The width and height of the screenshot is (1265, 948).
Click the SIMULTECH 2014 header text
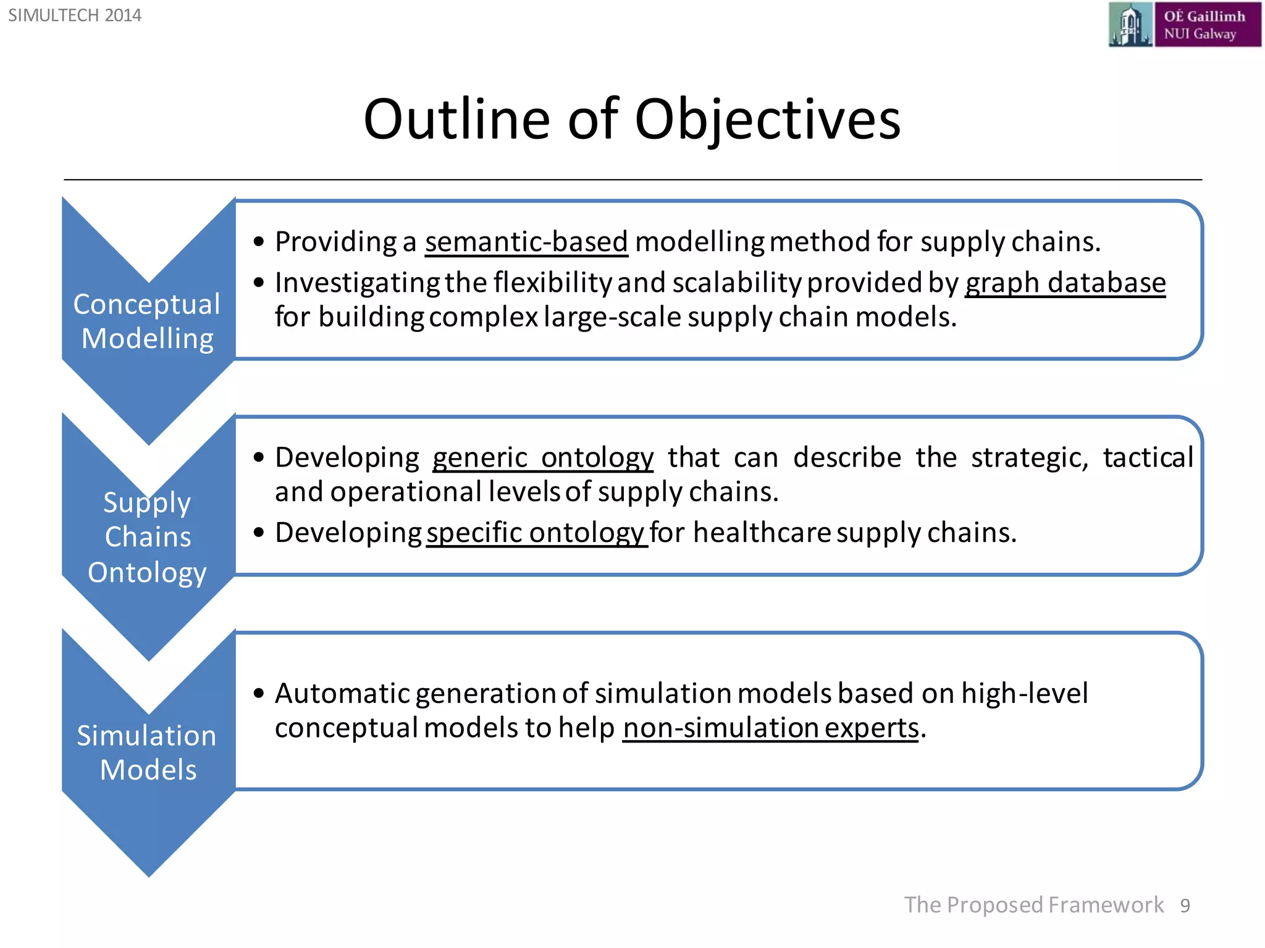pos(75,15)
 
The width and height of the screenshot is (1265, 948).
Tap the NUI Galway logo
pos(1184,25)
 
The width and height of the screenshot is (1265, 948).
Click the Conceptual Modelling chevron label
pos(147,321)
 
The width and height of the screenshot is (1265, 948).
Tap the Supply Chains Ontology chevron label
pos(148,537)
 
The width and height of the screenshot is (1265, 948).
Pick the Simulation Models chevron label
pos(147,752)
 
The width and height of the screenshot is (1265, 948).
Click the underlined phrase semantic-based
pos(526,241)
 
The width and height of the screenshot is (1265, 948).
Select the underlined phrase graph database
pos(1065,283)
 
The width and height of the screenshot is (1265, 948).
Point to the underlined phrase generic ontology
pos(542,457)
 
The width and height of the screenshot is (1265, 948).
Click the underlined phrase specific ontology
pos(536,532)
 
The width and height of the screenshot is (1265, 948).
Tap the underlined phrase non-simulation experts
pos(770,728)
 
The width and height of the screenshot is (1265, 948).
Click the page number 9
pos(1185,905)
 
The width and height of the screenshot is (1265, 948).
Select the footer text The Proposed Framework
pos(1033,905)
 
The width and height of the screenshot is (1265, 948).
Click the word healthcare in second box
pos(762,532)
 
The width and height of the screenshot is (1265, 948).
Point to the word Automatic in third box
pos(342,693)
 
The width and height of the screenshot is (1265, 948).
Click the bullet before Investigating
pos(259,283)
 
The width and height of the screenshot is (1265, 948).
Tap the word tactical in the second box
pos(1148,457)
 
